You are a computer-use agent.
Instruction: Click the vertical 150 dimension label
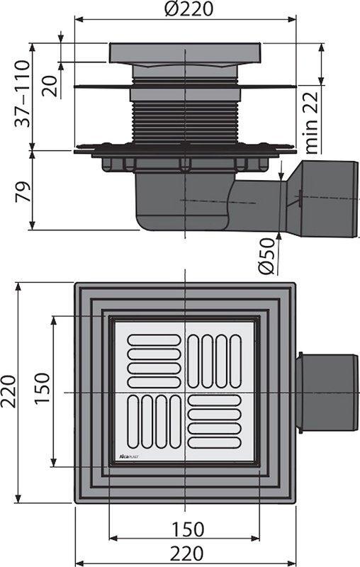42,392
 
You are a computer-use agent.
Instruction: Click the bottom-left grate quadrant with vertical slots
153,423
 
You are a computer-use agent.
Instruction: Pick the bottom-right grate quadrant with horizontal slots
215,423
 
